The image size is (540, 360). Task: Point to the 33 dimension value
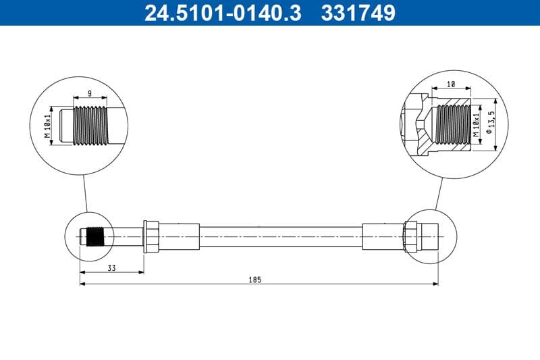[111, 268]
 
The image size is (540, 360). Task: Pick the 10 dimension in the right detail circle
[452, 84]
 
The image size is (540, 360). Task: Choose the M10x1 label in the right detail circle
[477, 124]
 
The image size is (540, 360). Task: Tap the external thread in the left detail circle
[89, 125]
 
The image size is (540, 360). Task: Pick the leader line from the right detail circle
[439, 192]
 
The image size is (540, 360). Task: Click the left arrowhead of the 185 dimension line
[82, 284]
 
